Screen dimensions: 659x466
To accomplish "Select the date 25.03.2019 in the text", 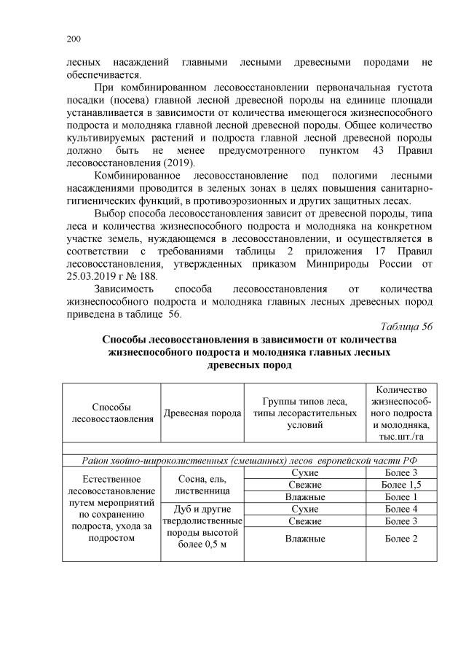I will click(85, 275).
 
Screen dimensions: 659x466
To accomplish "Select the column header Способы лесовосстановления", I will click(112, 413).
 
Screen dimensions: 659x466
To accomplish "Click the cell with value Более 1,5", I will click(398, 485).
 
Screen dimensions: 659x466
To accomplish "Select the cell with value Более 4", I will click(398, 508).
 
